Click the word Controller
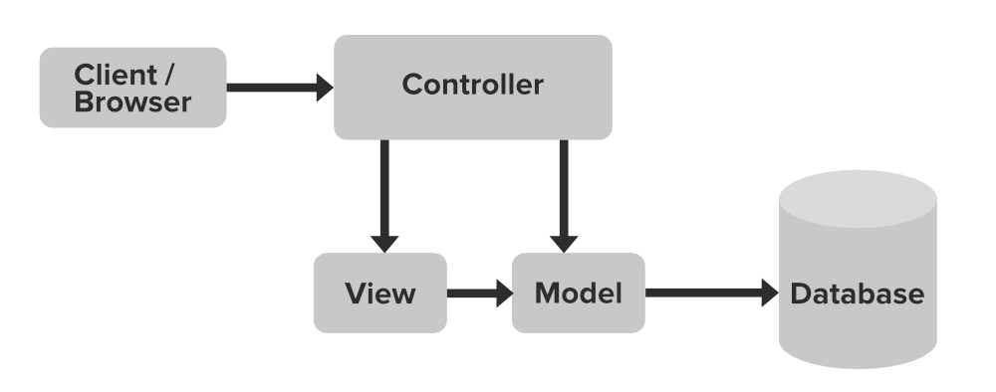click(472, 86)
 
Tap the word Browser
click(132, 101)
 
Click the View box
click(379, 294)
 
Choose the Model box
click(578, 294)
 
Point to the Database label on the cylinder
click(857, 294)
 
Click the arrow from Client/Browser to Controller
click(274, 88)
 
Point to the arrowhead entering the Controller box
click(324, 88)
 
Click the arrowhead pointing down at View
click(383, 244)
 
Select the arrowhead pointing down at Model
click(564, 244)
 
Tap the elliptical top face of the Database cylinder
click(858, 195)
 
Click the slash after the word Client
click(182, 75)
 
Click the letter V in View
click(355, 294)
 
